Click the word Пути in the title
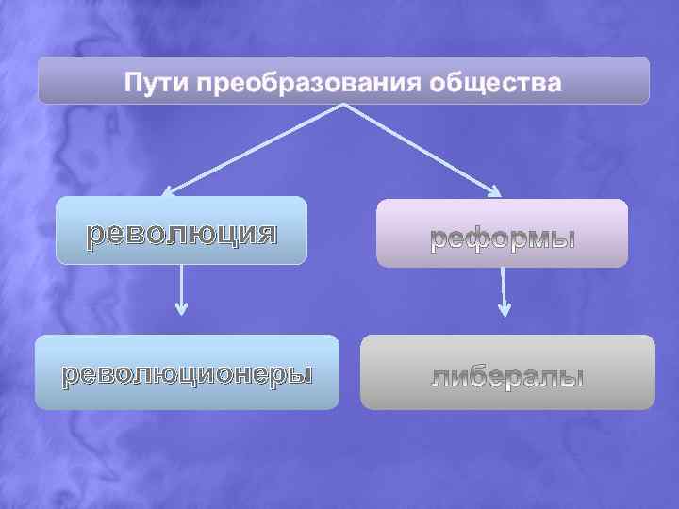[155, 82]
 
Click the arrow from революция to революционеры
[182, 287]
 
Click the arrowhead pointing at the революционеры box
[182, 308]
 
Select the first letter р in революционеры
[69, 375]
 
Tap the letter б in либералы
[482, 377]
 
